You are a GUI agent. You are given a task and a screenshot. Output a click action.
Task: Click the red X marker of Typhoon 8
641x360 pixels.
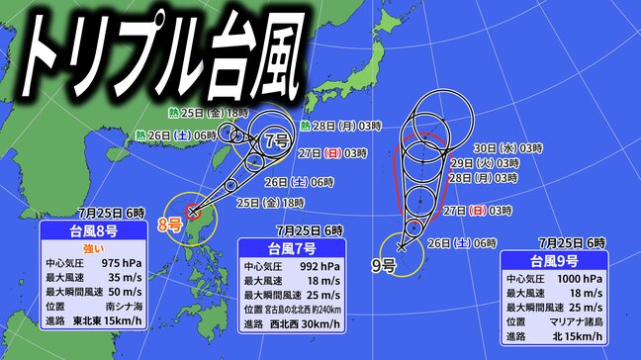[193, 211]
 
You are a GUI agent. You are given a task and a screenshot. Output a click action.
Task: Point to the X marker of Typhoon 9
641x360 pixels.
[401, 245]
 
